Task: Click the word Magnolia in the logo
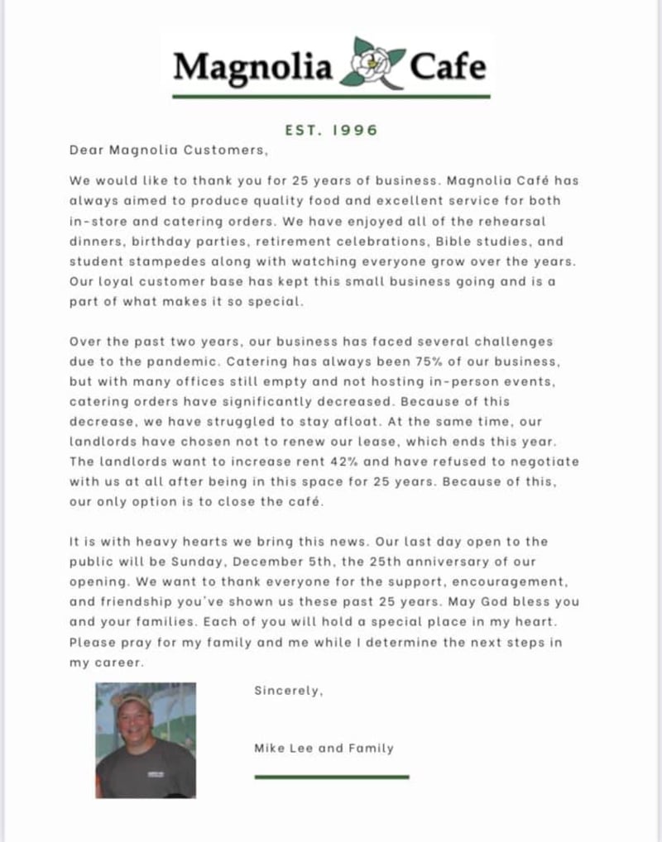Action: click(x=252, y=66)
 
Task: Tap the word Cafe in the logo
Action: click(x=448, y=65)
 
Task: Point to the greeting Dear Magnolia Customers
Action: click(x=169, y=150)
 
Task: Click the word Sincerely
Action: click(x=288, y=691)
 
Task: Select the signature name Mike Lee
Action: click(x=284, y=749)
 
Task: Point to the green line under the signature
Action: click(x=332, y=777)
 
